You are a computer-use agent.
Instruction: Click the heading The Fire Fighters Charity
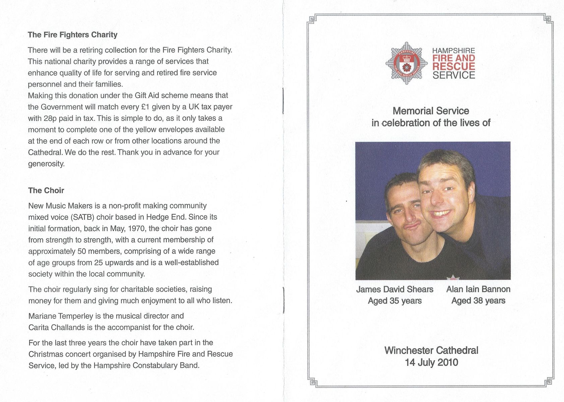(72, 35)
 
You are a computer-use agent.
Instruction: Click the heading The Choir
(46, 191)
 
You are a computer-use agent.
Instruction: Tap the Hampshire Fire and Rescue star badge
(406, 63)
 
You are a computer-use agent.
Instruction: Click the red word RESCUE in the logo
(453, 66)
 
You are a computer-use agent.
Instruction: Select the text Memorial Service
(431, 111)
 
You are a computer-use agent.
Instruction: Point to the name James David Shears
(394, 289)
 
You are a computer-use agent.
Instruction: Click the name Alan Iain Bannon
(478, 289)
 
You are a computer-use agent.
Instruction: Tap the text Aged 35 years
(394, 301)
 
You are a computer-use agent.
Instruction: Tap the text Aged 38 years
(478, 301)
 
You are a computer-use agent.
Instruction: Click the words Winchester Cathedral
(431, 350)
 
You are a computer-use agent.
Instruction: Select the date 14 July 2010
(431, 362)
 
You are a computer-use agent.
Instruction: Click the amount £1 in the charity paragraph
(145, 107)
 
